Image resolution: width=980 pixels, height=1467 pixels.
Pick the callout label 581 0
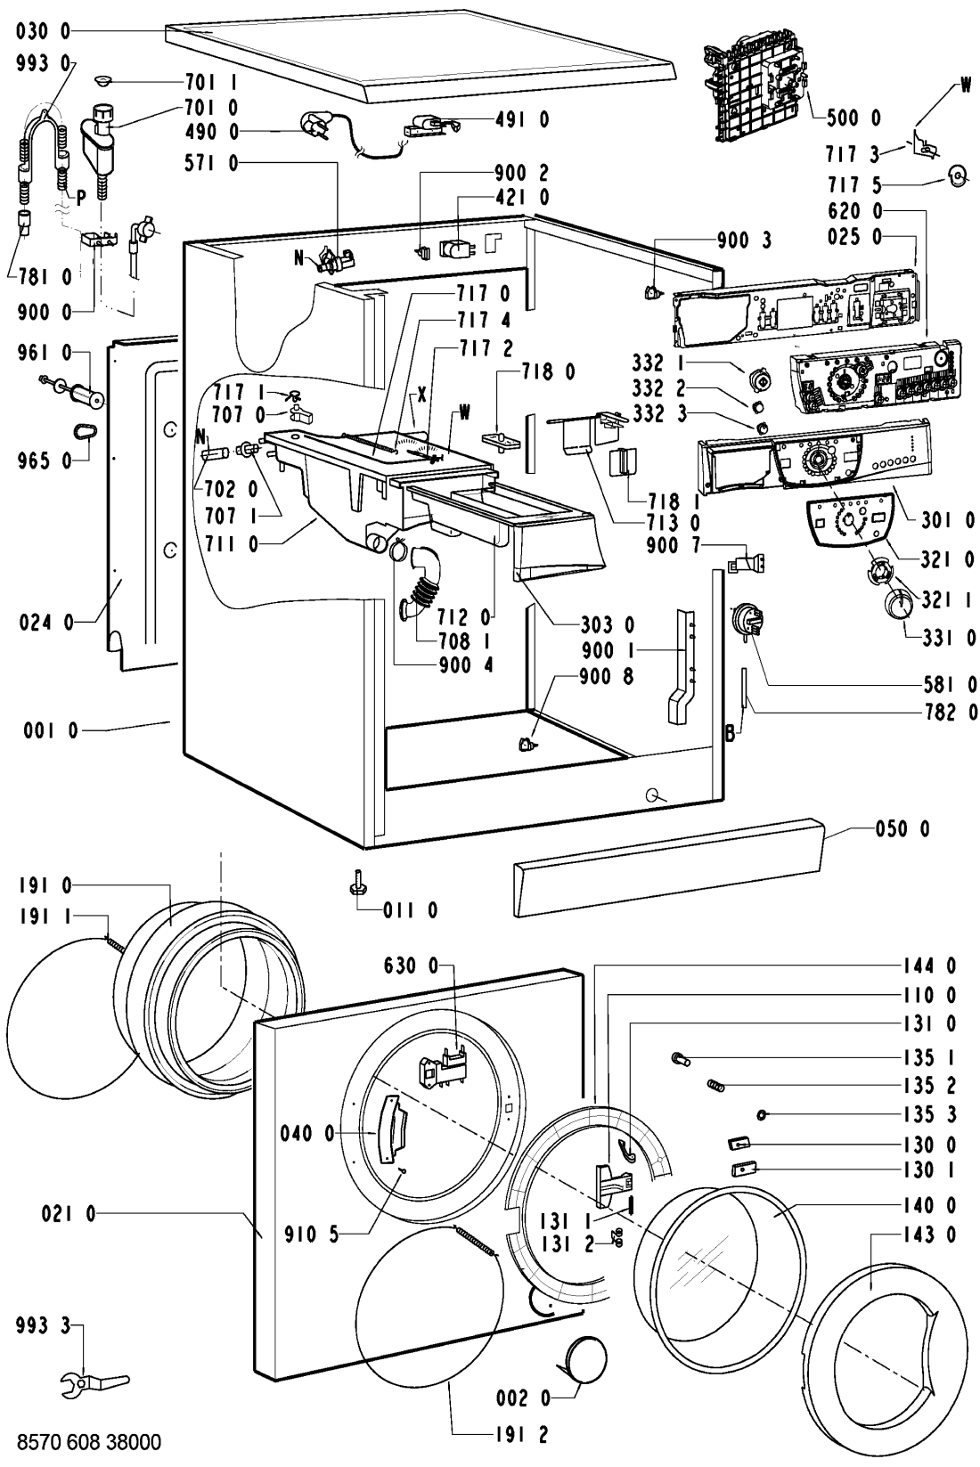948,684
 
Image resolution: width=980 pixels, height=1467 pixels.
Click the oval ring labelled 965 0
85,430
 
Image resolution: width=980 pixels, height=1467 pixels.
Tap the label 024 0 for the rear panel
45,623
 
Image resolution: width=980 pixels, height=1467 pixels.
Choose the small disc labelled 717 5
958,176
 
